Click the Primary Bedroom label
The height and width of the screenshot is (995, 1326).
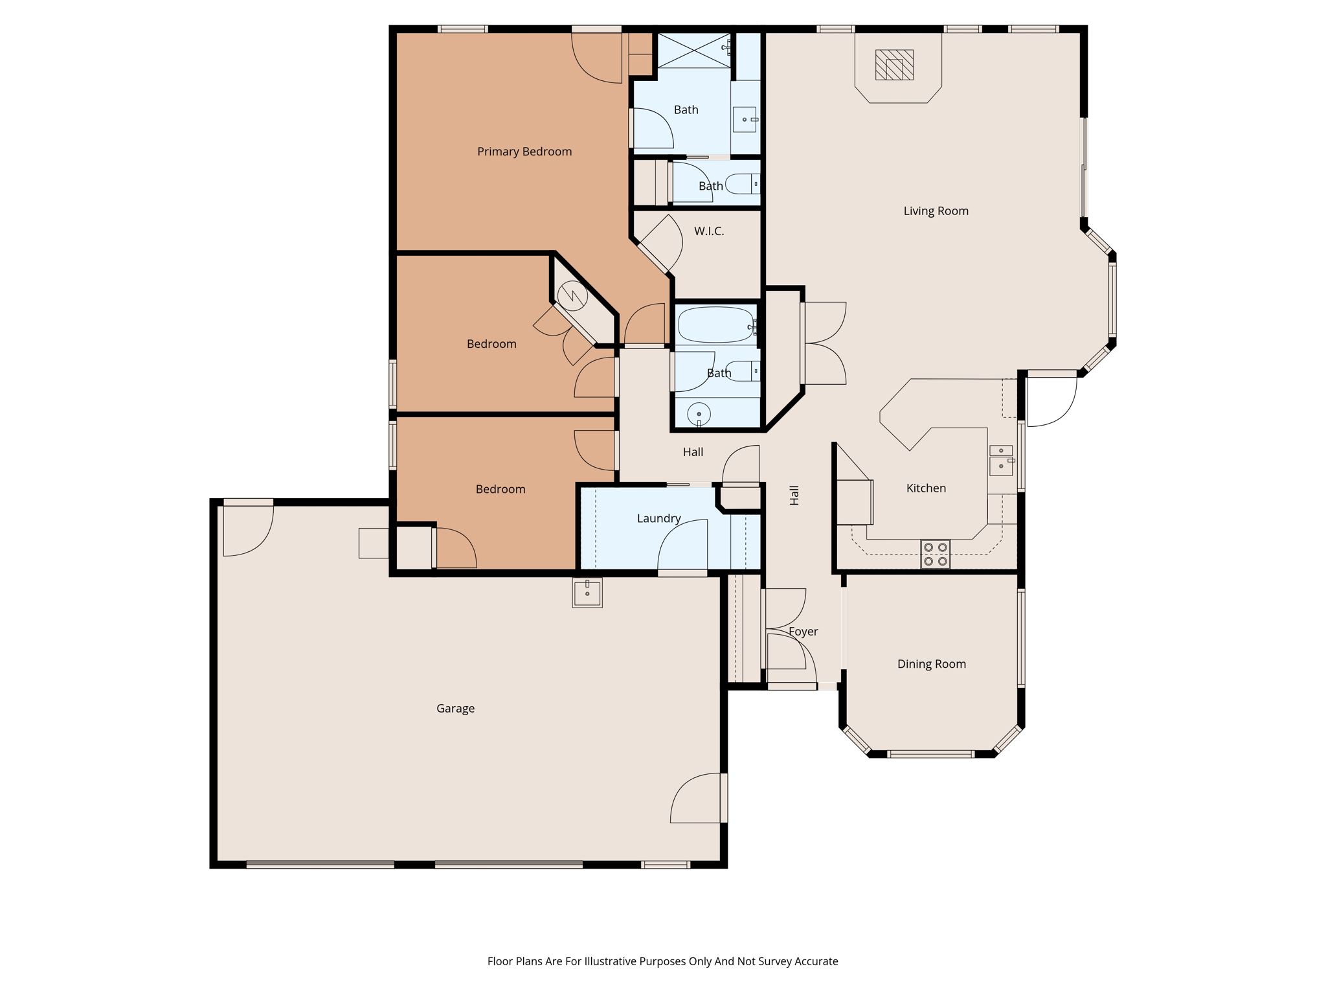click(524, 152)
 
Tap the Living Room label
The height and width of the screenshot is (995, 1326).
click(936, 211)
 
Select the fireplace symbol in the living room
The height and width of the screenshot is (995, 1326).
click(894, 65)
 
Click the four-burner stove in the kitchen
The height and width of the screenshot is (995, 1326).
click(935, 554)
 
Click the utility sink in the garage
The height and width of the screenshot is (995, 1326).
click(587, 592)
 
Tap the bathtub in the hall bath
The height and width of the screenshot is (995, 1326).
click(715, 325)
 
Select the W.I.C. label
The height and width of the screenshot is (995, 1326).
click(709, 231)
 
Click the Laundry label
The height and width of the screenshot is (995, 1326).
click(658, 518)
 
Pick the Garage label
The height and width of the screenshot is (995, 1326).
click(455, 709)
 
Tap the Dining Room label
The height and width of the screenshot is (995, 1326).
click(931, 664)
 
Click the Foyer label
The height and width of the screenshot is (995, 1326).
click(803, 632)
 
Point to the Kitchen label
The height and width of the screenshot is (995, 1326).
click(926, 488)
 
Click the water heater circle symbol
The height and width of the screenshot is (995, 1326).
click(572, 296)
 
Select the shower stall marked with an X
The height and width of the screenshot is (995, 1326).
click(693, 50)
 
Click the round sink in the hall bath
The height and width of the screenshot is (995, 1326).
click(699, 413)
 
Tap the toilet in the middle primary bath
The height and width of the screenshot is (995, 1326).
click(741, 184)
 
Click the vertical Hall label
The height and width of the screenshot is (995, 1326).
click(794, 495)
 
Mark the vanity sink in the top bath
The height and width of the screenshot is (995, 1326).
click(745, 120)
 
